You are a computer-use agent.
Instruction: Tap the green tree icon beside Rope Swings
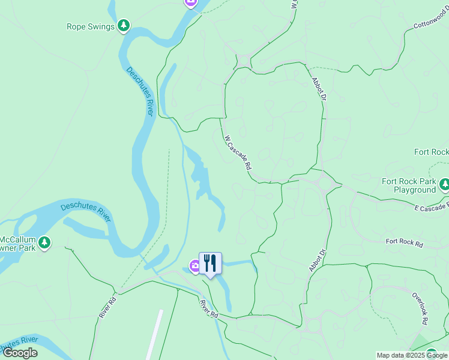(x=124, y=25)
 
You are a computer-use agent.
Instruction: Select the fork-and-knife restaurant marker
(x=210, y=263)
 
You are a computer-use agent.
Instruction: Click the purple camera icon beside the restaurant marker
(x=194, y=266)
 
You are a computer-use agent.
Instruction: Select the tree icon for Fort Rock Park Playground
(x=444, y=184)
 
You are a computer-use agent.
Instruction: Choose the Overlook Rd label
(x=420, y=308)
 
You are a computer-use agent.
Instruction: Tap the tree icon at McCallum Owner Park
(x=44, y=243)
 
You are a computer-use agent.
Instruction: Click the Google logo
(x=20, y=353)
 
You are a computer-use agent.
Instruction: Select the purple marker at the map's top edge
(x=191, y=2)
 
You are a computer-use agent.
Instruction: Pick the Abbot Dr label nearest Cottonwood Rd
(x=320, y=89)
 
